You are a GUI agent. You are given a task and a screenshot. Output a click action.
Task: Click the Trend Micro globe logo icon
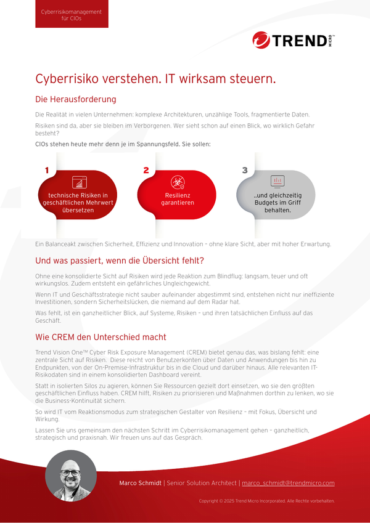pos(261,40)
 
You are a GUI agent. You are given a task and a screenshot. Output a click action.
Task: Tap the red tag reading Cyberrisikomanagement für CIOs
pos(72,15)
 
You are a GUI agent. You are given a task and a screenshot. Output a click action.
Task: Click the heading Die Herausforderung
pos(75,99)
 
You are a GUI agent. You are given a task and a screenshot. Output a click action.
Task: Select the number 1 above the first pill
pos(46,170)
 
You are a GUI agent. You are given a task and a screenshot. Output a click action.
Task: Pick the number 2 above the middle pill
pos(146,170)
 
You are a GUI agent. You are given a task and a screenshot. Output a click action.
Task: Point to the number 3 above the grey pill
pos(245,170)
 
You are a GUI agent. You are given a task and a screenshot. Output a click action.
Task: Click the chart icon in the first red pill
pos(78,182)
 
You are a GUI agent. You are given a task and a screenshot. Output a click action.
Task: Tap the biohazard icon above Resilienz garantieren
pos(178,182)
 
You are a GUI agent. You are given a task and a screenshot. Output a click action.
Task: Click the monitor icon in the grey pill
pos(277,181)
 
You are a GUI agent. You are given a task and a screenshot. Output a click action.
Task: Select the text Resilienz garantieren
pos(178,199)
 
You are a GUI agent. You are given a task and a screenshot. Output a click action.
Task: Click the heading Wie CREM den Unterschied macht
pos(101,337)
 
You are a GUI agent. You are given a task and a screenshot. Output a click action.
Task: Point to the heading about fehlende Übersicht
pos(119,261)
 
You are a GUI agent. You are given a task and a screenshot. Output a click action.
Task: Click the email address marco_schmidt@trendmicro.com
pos(288,483)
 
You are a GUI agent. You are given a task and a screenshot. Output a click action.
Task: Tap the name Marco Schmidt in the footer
pos(139,483)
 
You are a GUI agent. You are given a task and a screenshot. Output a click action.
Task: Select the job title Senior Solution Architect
pos(202,483)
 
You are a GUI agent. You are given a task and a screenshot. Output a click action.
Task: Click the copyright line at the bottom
pos(266,501)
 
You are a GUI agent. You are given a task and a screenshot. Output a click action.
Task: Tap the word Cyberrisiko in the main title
pos(67,79)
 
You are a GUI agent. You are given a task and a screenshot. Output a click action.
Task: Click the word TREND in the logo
pos(299,41)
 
